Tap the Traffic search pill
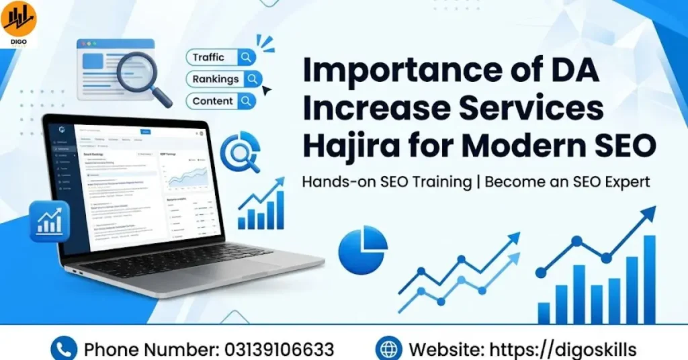[220, 57]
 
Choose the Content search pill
[222, 101]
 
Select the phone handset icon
[64, 349]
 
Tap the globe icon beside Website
[389, 349]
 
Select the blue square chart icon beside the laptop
[49, 221]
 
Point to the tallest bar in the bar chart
[649, 279]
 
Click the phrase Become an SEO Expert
[568, 181]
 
